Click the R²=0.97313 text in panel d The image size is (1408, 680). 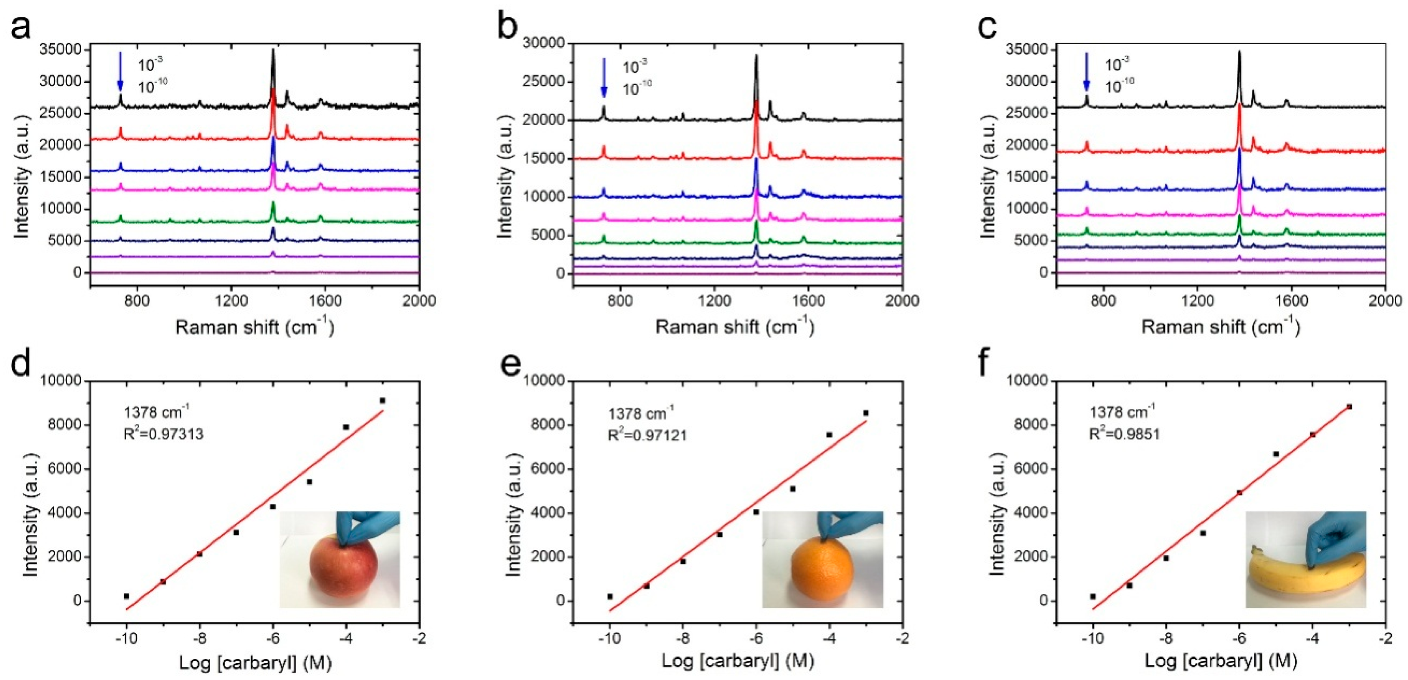163,435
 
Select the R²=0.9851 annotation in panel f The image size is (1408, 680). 1125,434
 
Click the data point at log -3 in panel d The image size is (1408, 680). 382,401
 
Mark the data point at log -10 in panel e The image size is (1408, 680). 610,596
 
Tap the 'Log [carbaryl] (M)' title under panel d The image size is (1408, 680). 255,663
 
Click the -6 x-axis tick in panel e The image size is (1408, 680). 755,638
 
